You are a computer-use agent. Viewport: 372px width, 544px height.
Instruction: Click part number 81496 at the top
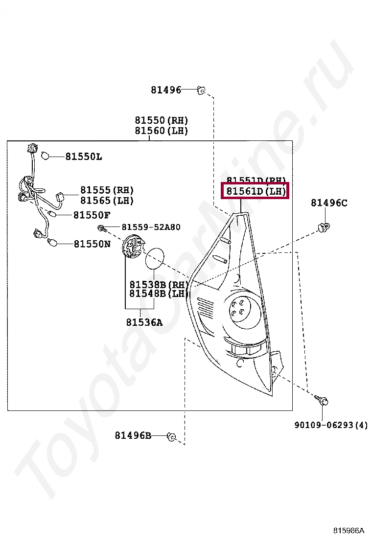165,90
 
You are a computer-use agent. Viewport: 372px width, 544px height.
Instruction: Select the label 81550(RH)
162,120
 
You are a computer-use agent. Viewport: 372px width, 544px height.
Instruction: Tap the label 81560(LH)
162,131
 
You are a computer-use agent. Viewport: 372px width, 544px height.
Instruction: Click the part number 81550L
84,157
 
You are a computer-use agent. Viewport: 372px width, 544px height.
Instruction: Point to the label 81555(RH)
107,190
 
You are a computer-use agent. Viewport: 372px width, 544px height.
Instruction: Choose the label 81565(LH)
107,201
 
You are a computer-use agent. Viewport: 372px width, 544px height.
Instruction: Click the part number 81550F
92,215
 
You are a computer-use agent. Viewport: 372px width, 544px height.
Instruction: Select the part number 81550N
92,244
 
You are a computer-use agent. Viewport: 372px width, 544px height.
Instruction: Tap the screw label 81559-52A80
151,227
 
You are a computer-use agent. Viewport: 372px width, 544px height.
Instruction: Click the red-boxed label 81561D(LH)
256,191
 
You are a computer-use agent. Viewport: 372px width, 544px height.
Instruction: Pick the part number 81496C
329,203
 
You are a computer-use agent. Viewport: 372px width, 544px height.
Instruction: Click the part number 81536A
144,322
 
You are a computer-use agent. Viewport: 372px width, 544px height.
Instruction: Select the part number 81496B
133,435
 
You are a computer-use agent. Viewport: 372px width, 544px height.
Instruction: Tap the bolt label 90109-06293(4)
331,425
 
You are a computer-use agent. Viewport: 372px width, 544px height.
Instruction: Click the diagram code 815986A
349,530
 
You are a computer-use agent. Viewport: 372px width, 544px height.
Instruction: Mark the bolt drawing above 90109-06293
323,400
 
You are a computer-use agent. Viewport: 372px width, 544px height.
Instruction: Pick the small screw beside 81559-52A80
101,227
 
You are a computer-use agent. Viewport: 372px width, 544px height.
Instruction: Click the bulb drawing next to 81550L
45,156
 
